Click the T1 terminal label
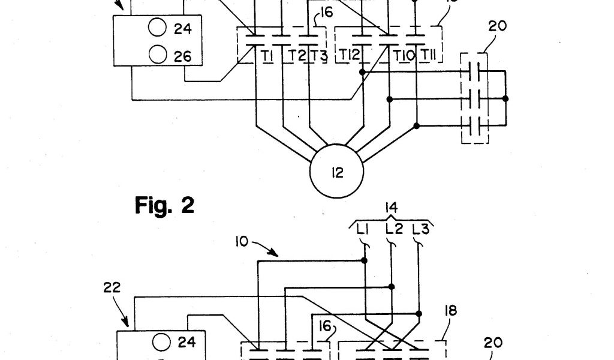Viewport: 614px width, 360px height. click(267, 56)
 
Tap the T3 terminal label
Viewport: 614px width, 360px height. click(320, 56)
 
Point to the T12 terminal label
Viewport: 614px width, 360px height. click(350, 56)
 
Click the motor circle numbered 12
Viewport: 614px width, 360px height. click(336, 173)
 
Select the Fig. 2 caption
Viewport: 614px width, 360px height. click(164, 205)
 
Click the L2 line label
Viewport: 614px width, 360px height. click(393, 229)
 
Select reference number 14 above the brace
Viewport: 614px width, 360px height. click(390, 208)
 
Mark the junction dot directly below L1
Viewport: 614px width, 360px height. click(364, 260)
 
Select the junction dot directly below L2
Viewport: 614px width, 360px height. click(391, 287)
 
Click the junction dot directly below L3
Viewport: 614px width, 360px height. click(419, 313)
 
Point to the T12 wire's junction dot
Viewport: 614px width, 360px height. click(362, 71)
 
